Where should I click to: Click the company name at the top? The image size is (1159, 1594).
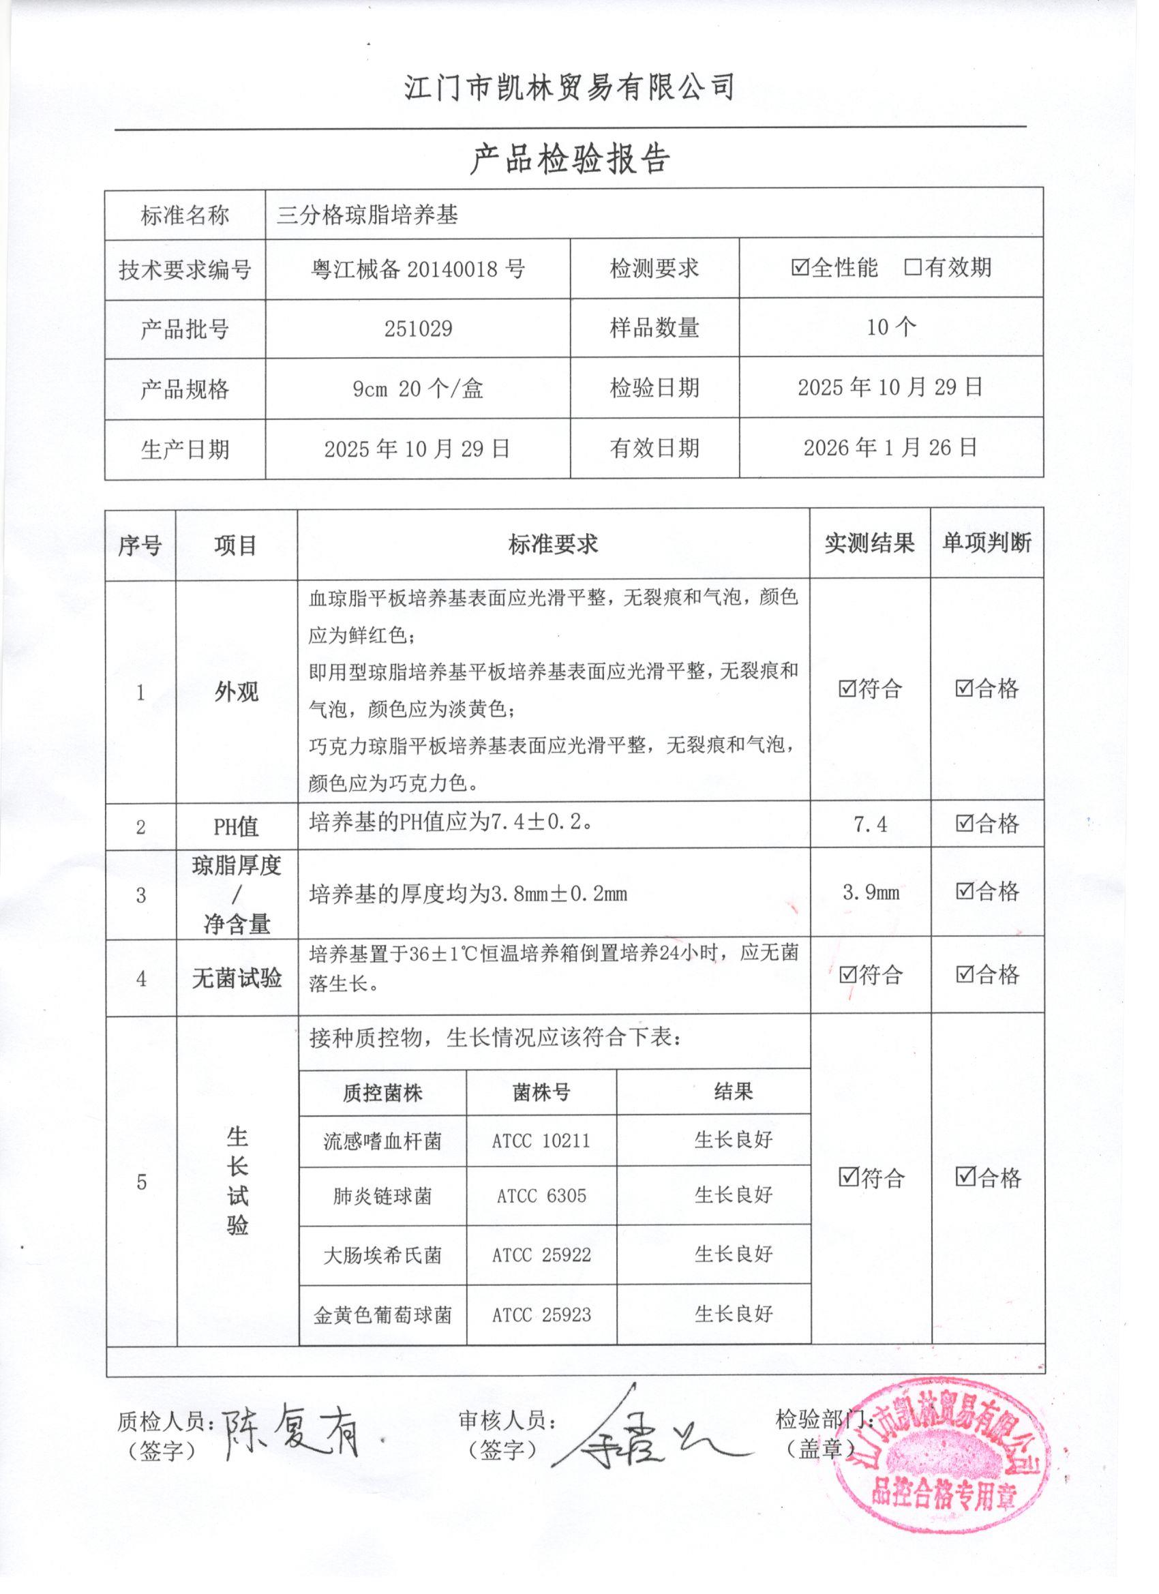(x=569, y=88)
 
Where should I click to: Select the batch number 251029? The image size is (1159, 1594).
(x=418, y=328)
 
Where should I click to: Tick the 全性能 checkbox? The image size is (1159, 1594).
(x=800, y=268)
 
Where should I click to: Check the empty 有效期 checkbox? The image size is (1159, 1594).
(x=913, y=268)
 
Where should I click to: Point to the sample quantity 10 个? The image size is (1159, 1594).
(x=891, y=327)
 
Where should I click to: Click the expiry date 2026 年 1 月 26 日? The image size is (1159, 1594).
(x=890, y=448)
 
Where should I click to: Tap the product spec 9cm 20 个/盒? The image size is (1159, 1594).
(x=418, y=389)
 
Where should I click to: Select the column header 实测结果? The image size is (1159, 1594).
(x=869, y=543)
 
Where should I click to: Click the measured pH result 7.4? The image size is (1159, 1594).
(x=870, y=824)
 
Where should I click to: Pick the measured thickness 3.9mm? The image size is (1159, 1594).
(x=871, y=892)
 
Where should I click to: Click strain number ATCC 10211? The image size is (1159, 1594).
(x=541, y=1141)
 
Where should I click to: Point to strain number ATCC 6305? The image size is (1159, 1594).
(x=541, y=1197)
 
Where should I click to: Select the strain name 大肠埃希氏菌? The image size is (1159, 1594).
(x=382, y=1255)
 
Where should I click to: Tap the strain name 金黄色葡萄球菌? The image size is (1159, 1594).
(x=382, y=1315)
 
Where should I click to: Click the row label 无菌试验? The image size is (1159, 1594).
(x=237, y=978)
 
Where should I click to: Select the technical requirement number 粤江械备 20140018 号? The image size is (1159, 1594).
(x=418, y=269)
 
